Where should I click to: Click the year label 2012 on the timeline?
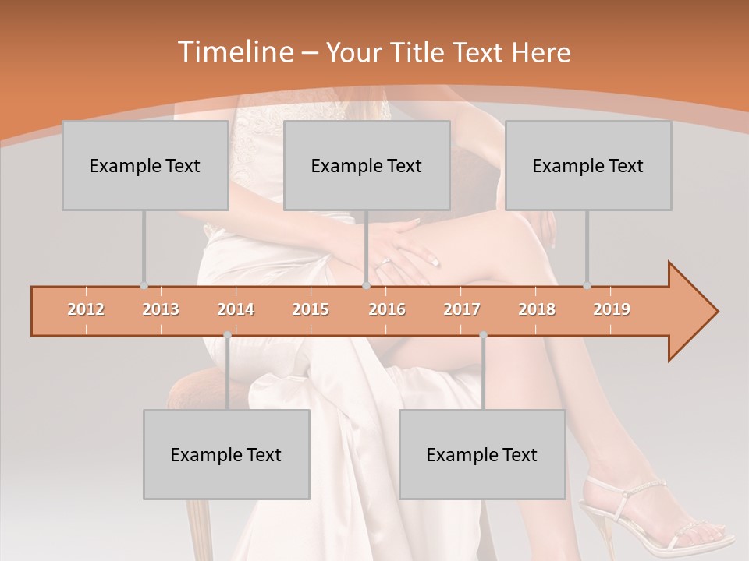(86, 309)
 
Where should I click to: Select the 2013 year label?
(161, 309)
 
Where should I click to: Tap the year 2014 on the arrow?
(236, 309)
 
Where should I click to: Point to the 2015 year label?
(311, 309)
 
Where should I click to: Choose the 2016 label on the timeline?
(387, 309)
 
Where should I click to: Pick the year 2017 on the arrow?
(462, 309)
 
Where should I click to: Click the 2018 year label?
(537, 309)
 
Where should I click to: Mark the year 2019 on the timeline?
(612, 309)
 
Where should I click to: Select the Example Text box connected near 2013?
(145, 165)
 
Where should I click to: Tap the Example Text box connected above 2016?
(367, 165)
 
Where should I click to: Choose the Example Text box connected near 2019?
(588, 165)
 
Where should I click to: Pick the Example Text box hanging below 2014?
(226, 454)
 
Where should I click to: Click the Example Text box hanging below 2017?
(482, 454)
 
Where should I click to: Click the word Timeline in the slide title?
(234, 52)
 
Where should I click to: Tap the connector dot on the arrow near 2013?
(144, 286)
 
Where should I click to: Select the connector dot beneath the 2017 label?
(483, 335)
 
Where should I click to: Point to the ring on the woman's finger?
(384, 263)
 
